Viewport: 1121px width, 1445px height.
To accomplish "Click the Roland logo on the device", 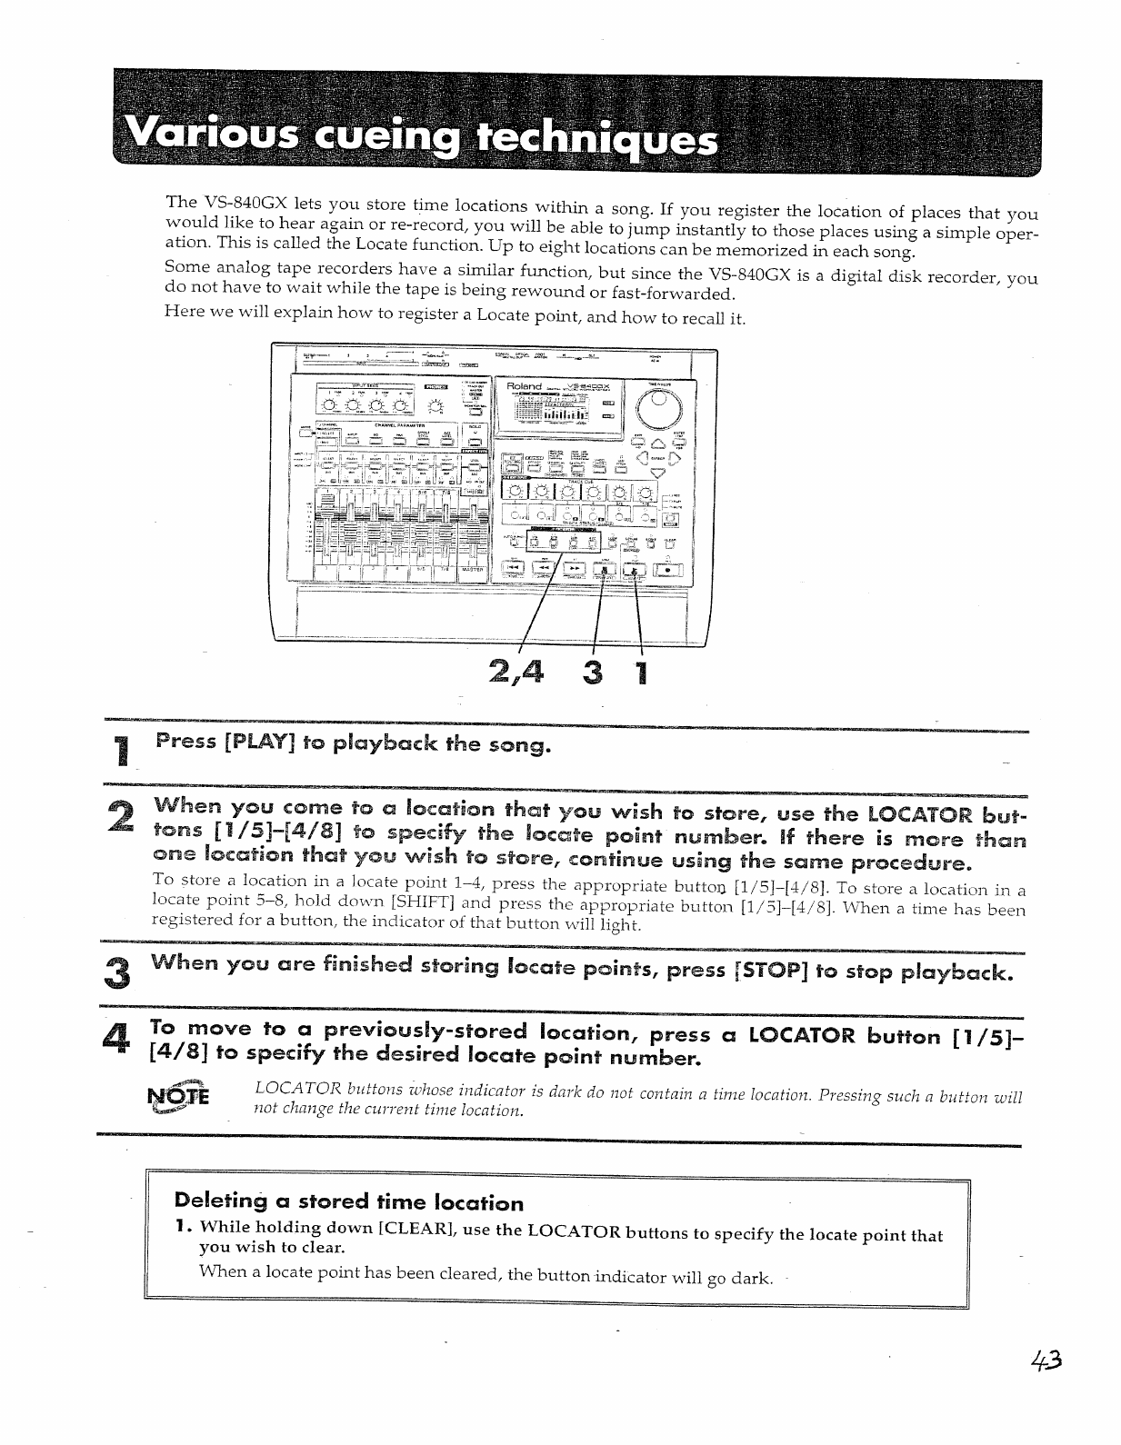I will tap(525, 385).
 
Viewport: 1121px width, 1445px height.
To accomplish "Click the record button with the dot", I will tap(670, 570).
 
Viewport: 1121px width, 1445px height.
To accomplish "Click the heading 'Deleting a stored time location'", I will tap(348, 1202).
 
